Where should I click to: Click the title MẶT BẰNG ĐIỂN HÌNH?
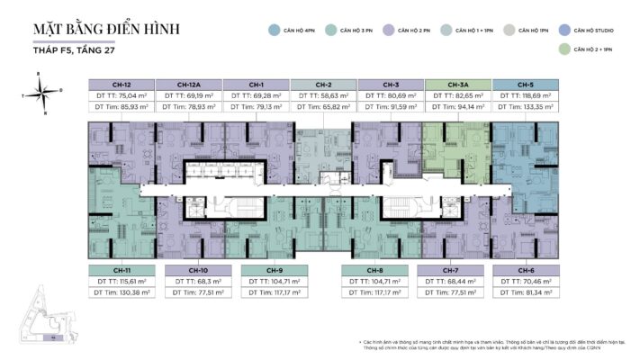pos(106,29)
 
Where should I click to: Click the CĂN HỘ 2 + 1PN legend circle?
pos(563,50)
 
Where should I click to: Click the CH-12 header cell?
pos(121,85)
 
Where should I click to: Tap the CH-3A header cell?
pos(458,85)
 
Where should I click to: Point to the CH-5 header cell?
pos(526,85)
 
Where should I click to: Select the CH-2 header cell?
pos(323,85)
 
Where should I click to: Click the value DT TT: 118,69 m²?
pos(526,94)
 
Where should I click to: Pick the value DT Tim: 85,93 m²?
pos(121,107)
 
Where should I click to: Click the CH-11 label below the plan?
pos(121,270)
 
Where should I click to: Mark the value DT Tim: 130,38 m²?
pos(121,292)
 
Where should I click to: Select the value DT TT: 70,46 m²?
pos(526,281)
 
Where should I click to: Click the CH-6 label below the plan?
pos(526,270)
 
